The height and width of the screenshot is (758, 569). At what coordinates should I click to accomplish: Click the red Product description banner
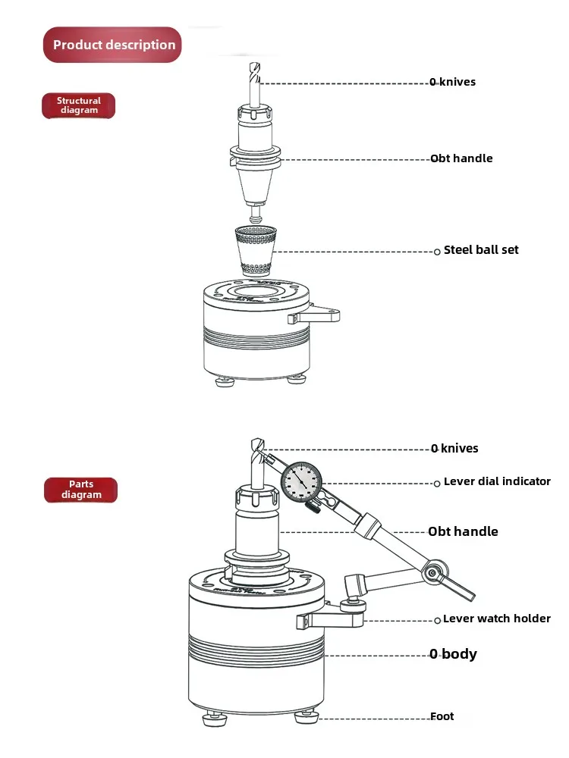coord(113,45)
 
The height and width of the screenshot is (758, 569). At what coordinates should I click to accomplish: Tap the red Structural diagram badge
coord(79,105)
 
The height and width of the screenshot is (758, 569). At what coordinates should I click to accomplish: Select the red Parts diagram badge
coord(81,490)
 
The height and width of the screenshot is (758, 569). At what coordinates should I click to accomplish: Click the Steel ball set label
coord(481,249)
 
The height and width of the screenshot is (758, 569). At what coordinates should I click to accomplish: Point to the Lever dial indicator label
coord(497,481)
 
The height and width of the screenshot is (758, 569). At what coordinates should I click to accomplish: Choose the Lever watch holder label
coord(496,619)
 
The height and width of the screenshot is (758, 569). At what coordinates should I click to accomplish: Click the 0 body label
coord(453,653)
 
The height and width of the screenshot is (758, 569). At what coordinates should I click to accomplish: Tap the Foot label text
coord(442,716)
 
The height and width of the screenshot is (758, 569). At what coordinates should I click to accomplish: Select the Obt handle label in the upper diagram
coord(461,158)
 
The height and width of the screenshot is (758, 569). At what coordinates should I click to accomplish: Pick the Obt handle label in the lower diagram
coord(463,531)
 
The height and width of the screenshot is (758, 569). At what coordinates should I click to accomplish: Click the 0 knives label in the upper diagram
coord(453,82)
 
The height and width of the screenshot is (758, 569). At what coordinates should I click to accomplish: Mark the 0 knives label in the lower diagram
coord(454,449)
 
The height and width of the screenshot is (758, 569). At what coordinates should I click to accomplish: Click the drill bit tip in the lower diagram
coord(256,442)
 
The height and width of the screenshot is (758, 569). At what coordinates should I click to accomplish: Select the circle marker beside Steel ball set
coord(437,251)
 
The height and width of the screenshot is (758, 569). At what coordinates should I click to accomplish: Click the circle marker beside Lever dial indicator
coord(437,483)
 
